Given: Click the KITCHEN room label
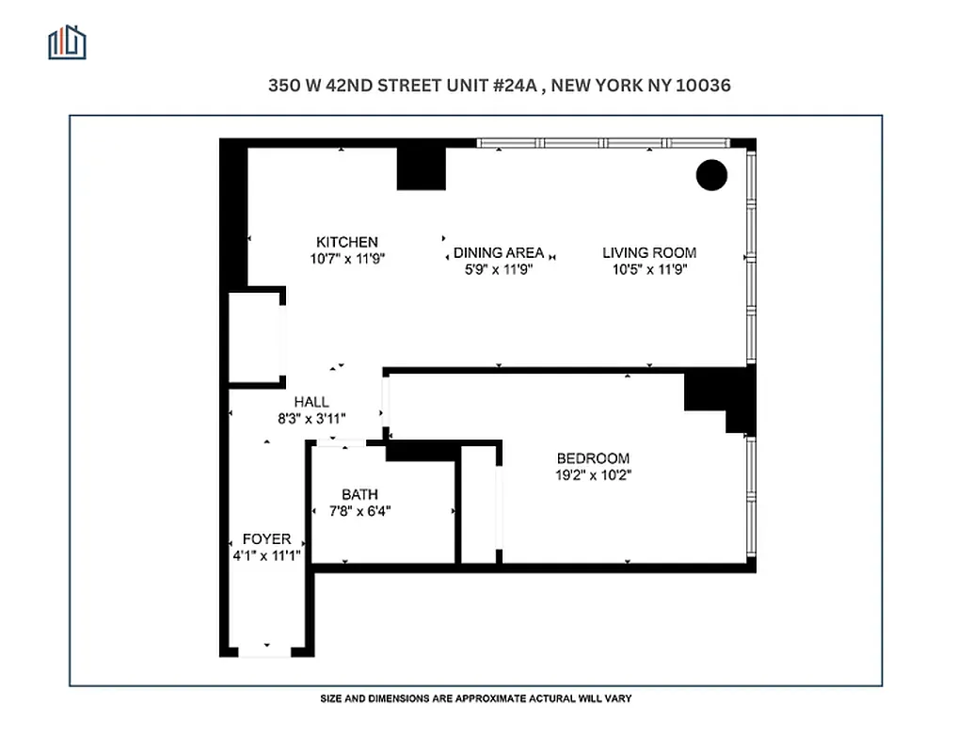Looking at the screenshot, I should coord(346,242).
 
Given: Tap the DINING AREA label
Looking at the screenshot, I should coord(498,252).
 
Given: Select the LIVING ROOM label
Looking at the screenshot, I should coord(649,252).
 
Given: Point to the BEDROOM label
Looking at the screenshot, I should coord(593,458).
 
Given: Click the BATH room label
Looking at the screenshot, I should coord(359,494).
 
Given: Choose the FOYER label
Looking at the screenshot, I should coord(266,539).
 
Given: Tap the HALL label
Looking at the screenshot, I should coord(311,402).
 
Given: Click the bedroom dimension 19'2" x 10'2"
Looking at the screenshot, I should coord(593,475).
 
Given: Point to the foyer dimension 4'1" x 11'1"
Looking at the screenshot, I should coord(266,555).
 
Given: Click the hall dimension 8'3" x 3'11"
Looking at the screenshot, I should coord(311,419).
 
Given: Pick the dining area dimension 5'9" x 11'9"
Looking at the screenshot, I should coord(499,269).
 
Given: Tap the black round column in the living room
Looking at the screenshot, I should coord(711,175).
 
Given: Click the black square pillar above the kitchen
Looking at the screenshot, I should coord(421,168).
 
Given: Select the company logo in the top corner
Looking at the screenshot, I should coord(67,42).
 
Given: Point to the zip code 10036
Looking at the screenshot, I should coord(698,85).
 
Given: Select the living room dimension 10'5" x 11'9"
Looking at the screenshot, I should coord(649,269).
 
